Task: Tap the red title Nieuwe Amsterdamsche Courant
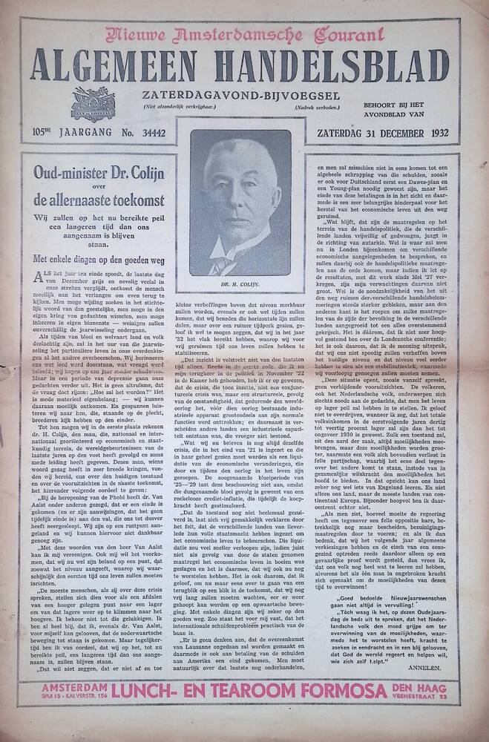click(245, 34)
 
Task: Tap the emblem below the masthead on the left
click(92, 104)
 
